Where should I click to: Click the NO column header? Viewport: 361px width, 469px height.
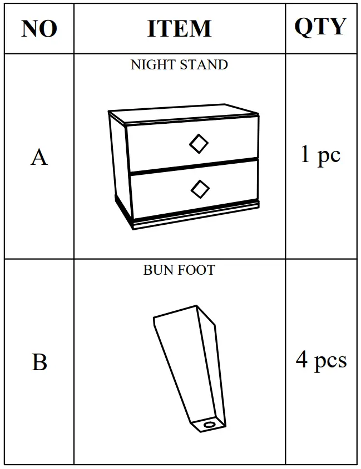(x=39, y=28)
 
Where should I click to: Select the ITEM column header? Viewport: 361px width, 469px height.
(x=179, y=28)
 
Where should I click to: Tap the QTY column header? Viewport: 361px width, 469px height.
(x=320, y=27)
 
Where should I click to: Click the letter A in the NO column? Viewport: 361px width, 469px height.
(x=39, y=158)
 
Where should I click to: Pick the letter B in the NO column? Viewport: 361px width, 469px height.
(x=39, y=362)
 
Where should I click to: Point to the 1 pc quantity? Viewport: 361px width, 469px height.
(x=320, y=155)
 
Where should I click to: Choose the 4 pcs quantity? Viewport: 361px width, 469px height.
(x=321, y=360)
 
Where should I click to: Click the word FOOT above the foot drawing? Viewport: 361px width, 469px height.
(x=197, y=270)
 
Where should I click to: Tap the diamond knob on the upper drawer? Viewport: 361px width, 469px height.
(x=199, y=144)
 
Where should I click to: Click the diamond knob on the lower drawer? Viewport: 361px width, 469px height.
(x=200, y=189)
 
